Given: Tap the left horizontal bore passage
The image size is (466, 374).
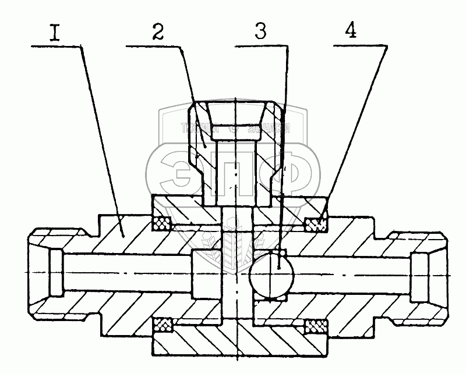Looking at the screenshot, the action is click(x=128, y=273).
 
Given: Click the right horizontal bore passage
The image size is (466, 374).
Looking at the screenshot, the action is click(x=349, y=273).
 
